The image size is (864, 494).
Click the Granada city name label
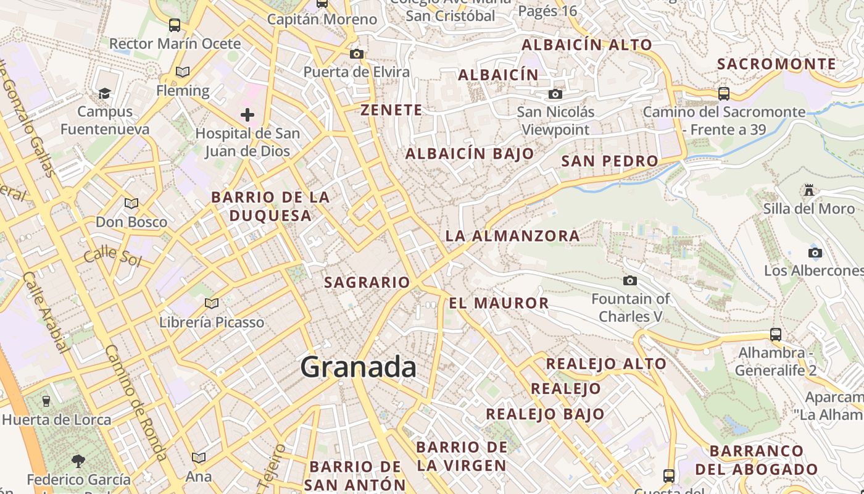358,367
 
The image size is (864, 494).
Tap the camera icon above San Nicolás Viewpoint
555,94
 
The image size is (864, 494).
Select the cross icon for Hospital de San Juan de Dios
247,114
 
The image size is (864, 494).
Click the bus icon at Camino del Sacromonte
724,94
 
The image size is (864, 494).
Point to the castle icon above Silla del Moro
809,190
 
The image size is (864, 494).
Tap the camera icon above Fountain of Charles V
630,281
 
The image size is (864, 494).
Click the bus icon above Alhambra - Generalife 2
776,335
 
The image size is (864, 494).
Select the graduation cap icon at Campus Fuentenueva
104,93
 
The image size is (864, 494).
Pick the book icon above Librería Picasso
212,303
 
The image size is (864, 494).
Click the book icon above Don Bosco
131,203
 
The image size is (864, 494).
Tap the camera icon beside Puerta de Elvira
356,54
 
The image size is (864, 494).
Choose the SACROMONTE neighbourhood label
776,64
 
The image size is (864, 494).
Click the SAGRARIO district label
367,282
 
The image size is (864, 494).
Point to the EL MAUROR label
499,303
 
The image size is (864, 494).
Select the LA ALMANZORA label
512,235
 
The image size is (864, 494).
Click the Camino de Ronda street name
134,401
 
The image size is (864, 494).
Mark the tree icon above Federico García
78,460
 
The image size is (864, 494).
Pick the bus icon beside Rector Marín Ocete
175,25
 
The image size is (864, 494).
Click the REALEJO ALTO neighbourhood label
606,363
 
